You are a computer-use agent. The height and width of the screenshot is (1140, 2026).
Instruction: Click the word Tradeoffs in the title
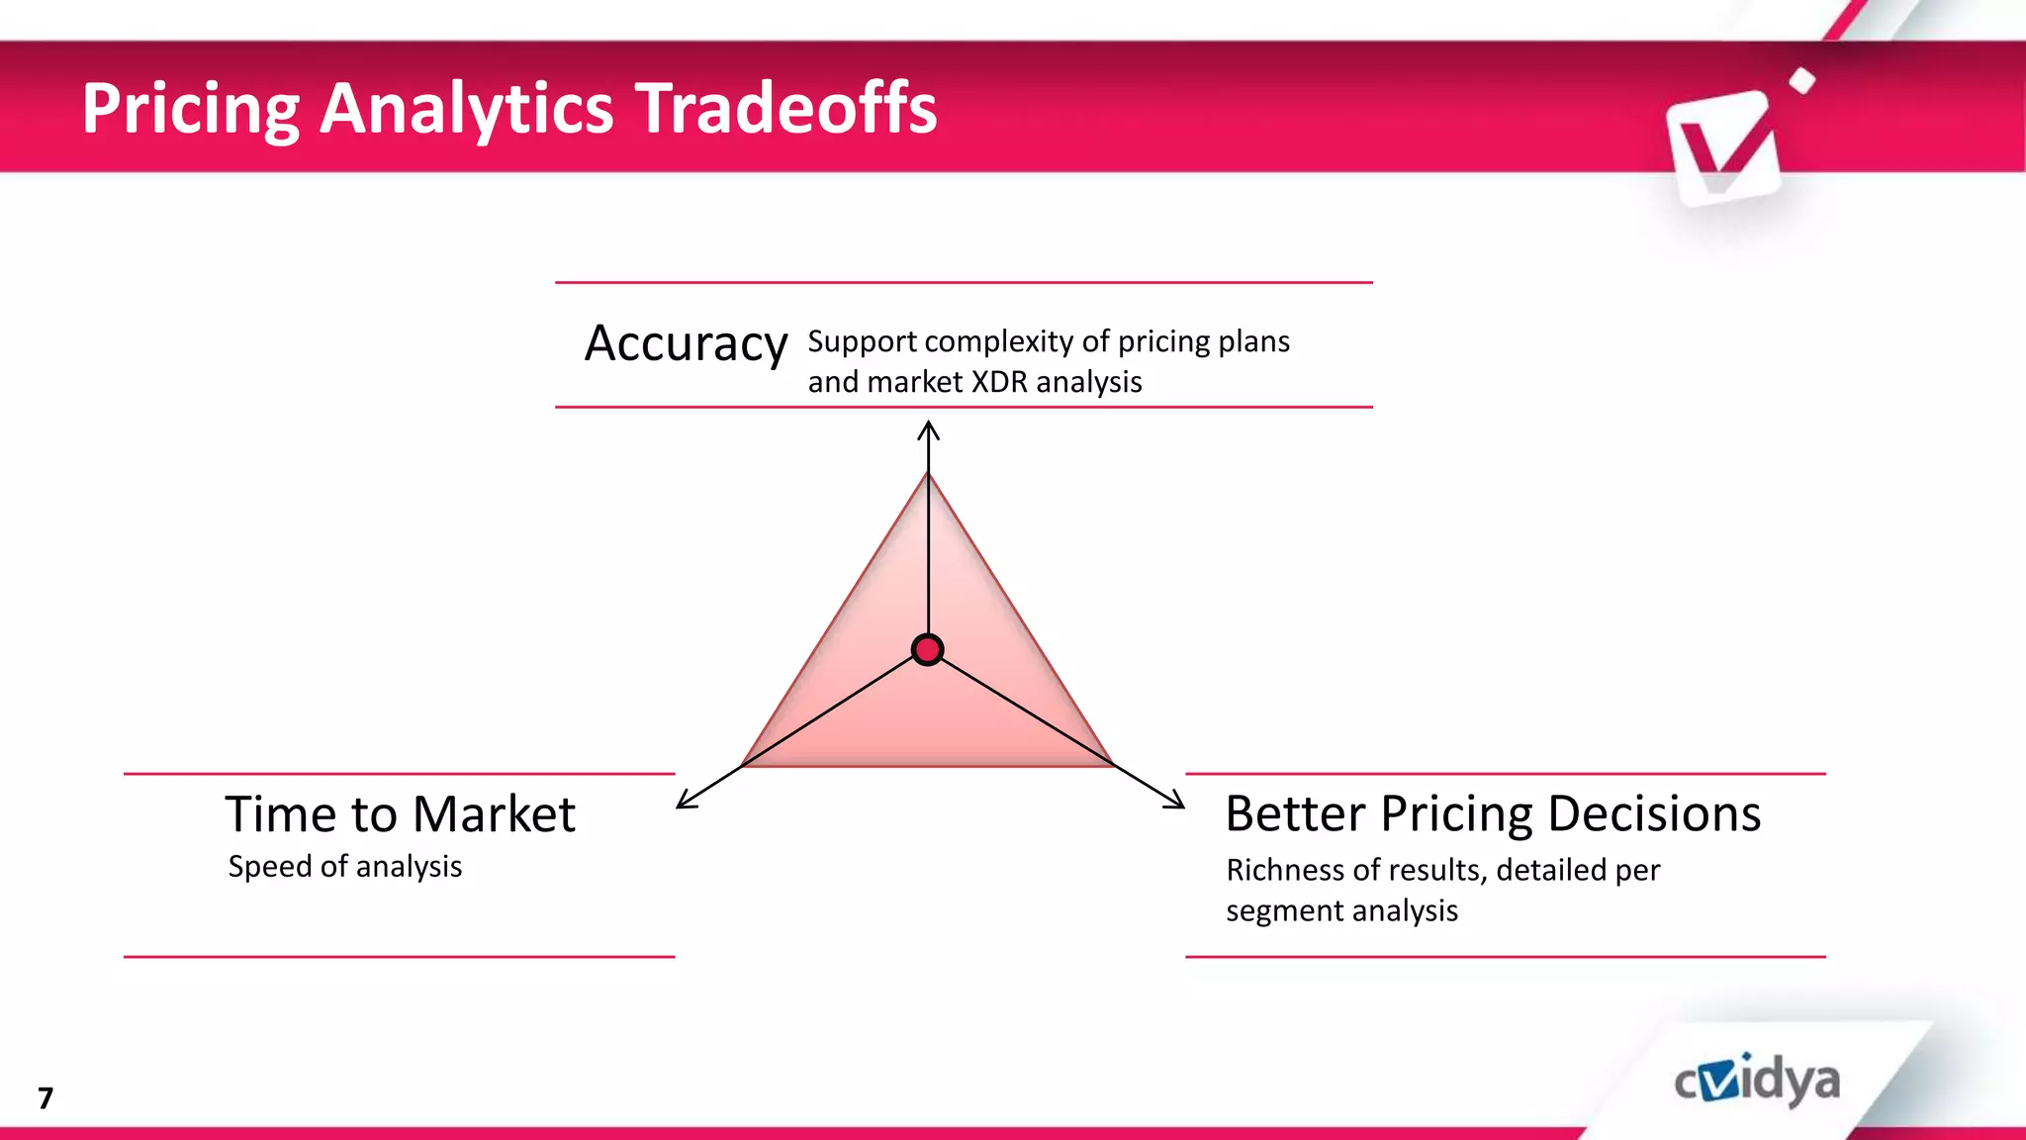[x=785, y=108]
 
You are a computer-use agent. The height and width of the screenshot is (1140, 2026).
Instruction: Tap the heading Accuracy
[x=686, y=344]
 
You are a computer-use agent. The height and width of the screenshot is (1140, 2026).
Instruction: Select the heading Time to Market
[x=400, y=814]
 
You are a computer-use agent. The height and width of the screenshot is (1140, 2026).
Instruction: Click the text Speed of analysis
[x=344, y=867]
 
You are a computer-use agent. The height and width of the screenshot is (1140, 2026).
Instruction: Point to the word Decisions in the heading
[x=1653, y=813]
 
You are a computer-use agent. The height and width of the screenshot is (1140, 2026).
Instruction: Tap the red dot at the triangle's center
[x=927, y=650]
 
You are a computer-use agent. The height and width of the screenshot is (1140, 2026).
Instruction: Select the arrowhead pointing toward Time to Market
[x=685, y=802]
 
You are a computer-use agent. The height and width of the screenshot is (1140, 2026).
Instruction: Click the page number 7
[x=46, y=1097]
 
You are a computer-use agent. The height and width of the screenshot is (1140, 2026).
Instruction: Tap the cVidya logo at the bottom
[x=1757, y=1082]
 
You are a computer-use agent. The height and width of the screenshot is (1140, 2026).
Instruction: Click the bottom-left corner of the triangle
[x=744, y=764]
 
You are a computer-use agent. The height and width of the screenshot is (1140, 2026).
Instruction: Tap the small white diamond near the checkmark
[x=1802, y=81]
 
